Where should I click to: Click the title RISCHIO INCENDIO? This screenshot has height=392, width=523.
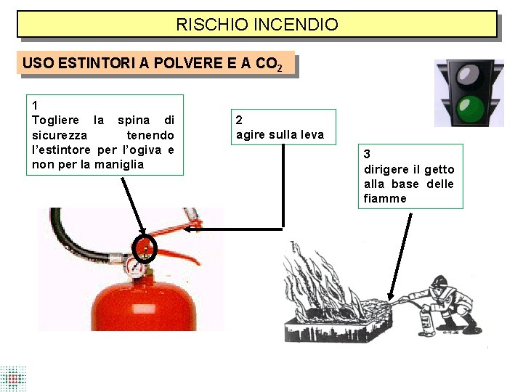pos(257,25)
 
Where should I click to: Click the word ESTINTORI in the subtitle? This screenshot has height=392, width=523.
pos(91,63)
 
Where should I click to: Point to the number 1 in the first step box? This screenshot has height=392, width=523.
pos(36,106)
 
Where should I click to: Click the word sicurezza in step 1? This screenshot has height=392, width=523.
pos(60,135)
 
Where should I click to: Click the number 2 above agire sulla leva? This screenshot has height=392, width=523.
pos(239,120)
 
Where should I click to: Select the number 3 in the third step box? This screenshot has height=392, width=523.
pos(368,154)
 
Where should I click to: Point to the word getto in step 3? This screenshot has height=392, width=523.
pos(439,169)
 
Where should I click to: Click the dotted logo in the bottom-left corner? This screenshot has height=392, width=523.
pos(13,378)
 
